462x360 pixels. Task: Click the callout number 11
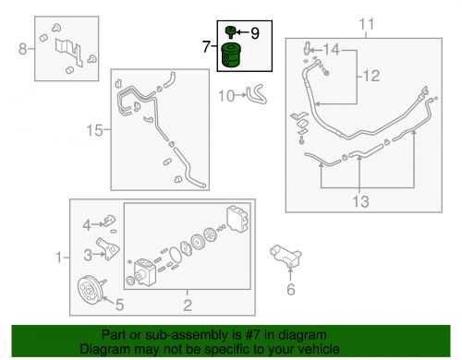click(x=366, y=22)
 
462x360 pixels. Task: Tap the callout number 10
click(x=225, y=94)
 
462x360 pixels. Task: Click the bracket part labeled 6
click(x=286, y=256)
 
